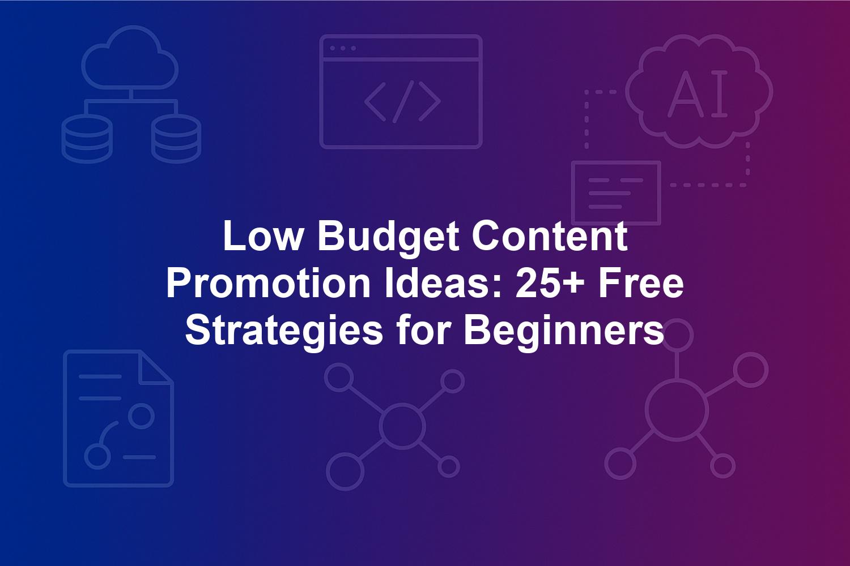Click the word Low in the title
tap(263, 236)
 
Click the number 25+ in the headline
tap(550, 283)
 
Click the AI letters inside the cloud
tap(698, 93)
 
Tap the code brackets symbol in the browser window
tap(402, 102)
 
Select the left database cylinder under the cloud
tap(87, 138)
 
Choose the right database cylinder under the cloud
tap(176, 138)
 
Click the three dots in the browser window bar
tap(343, 48)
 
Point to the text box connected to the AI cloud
tap(617, 193)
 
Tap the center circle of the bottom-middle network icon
tap(402, 426)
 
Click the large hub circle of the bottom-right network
tap(677, 411)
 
